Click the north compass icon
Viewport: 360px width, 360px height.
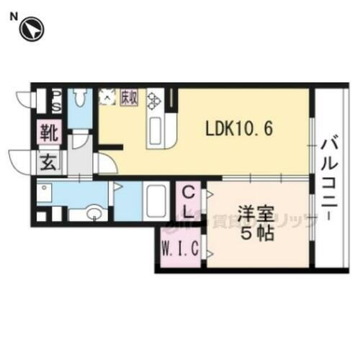[32, 30]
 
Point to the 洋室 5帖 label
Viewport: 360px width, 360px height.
[257, 224]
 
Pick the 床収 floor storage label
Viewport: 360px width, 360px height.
[129, 96]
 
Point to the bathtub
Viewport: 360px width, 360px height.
[156, 199]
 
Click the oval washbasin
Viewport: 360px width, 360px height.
[92, 214]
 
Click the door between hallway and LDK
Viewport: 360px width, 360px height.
[104, 163]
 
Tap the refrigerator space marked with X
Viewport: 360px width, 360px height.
[108, 96]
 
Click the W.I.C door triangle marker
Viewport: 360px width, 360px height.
[210, 253]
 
